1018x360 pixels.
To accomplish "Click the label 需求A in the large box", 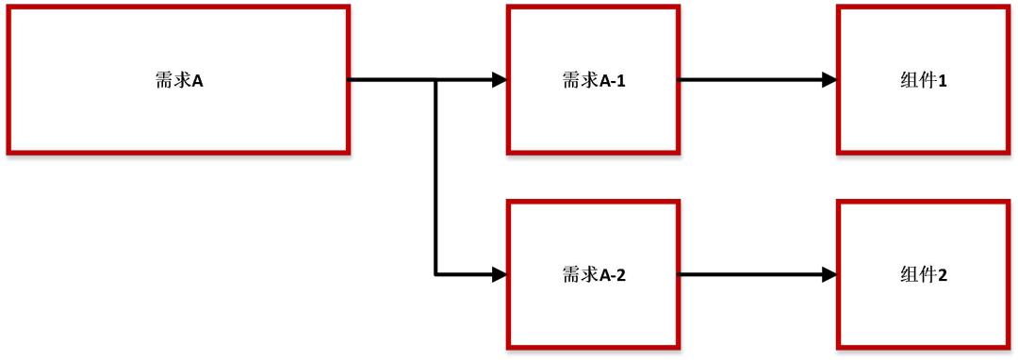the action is point(179,80).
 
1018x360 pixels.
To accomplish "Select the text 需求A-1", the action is point(594,80).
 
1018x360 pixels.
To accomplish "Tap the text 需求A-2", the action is point(594,275).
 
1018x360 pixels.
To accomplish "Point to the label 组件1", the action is point(924,80).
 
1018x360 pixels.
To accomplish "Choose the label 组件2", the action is point(924,275).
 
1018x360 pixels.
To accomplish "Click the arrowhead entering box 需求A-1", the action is point(499,80).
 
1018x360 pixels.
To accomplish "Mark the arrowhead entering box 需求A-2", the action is point(499,275).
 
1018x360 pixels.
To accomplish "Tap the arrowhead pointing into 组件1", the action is point(829,80).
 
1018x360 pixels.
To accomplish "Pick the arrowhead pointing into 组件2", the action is point(829,275).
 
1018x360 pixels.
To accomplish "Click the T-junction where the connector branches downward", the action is point(435,80).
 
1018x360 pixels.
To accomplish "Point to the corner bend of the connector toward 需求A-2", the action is point(435,275).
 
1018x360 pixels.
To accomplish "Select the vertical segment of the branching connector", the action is point(435,179).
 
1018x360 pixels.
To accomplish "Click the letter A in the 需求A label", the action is point(199,80).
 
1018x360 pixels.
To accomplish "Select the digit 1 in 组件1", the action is point(942,81).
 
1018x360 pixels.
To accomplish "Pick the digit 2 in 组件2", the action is point(942,276).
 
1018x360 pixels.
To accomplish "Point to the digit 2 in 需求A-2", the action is point(621,276).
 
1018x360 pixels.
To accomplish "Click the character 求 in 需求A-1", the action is point(589,80).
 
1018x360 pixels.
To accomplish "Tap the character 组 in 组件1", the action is point(909,80).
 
